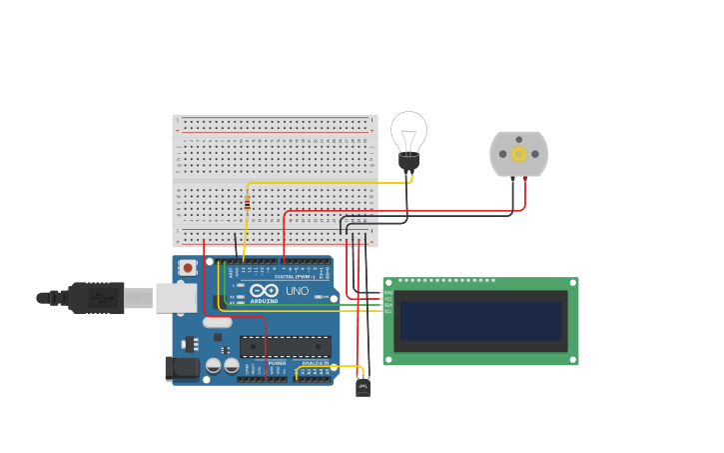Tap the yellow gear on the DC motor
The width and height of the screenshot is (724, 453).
(x=518, y=154)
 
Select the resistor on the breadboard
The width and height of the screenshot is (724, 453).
(x=247, y=204)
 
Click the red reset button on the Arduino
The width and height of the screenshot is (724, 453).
(x=188, y=268)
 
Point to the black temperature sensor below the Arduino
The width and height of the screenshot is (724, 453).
(x=362, y=386)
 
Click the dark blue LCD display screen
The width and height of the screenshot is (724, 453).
(x=479, y=321)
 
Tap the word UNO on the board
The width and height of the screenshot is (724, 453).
(x=298, y=291)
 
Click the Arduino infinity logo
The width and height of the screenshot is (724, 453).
(x=265, y=290)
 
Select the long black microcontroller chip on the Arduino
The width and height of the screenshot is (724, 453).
(x=285, y=346)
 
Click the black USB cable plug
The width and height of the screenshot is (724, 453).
(x=97, y=297)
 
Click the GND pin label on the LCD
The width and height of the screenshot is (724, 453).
(x=388, y=292)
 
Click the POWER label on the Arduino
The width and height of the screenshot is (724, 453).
(x=277, y=363)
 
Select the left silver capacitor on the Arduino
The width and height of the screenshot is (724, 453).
(x=214, y=367)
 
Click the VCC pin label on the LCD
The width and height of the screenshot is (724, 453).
(x=388, y=298)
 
